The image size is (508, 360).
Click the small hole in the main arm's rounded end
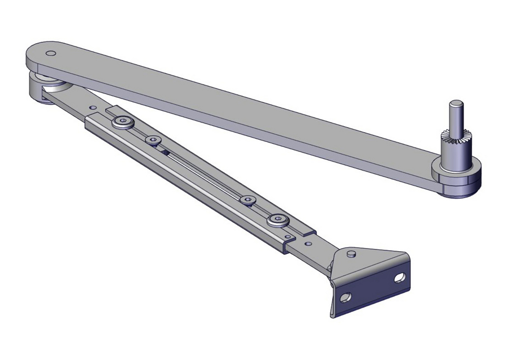[x=50, y=53]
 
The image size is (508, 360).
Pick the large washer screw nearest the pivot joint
[x=122, y=122]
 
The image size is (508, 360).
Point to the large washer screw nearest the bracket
[x=277, y=220]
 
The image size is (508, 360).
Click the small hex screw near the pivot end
[x=152, y=140]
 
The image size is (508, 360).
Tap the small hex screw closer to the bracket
[x=248, y=200]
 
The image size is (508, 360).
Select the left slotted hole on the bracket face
[x=347, y=296]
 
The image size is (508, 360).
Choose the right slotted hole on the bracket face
[x=400, y=278]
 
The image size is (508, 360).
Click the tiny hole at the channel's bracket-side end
[x=288, y=236]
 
